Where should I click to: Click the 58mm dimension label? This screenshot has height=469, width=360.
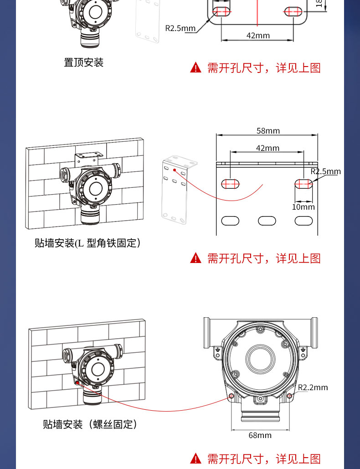[267, 131]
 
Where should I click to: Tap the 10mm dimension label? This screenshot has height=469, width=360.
[303, 207]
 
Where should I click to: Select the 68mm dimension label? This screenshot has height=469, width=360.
[260, 435]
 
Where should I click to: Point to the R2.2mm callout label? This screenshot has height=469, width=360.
[313, 387]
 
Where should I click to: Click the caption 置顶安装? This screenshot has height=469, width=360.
[84, 62]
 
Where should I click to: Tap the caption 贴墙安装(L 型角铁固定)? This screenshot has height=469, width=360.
[87, 243]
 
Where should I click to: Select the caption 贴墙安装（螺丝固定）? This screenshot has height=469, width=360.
[90, 424]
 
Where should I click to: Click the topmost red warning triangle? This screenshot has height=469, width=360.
[195, 68]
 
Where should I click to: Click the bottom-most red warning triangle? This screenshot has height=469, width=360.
[195, 459]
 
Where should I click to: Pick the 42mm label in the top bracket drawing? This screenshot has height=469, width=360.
[258, 36]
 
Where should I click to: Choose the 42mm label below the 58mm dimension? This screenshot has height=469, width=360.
[267, 148]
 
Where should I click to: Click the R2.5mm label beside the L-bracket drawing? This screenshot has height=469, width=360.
[325, 172]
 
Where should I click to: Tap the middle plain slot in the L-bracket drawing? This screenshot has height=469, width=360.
[267, 221]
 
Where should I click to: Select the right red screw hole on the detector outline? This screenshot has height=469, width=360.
[289, 396]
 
